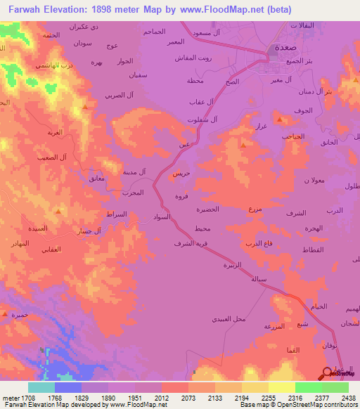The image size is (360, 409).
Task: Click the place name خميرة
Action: [x=19, y=315]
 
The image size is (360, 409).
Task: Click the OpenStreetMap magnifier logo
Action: [x=328, y=373]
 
